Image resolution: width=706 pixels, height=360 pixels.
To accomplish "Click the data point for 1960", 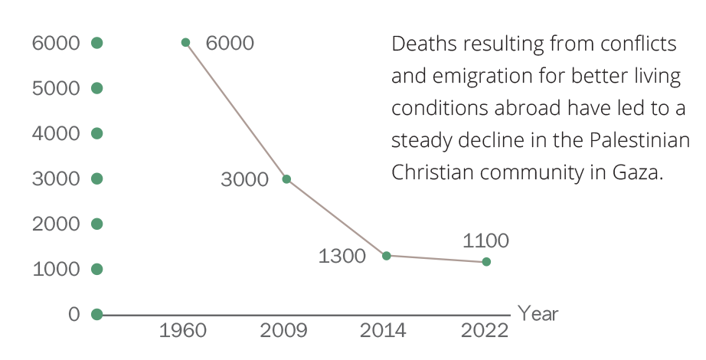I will (x=185, y=42).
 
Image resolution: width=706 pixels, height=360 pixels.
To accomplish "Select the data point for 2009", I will (x=286, y=179).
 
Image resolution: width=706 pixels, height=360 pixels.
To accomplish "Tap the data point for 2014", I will (x=387, y=255).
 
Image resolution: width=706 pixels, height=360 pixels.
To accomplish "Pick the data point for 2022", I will (x=486, y=262).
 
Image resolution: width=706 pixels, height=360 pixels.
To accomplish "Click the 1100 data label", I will (x=486, y=241).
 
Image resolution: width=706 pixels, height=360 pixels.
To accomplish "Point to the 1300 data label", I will (x=342, y=256).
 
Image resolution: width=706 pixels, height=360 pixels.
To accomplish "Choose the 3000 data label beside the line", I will (x=244, y=180).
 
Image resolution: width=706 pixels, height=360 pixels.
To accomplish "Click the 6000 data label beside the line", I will (x=230, y=43).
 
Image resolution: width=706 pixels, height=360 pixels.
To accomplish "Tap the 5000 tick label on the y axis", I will (x=56, y=88).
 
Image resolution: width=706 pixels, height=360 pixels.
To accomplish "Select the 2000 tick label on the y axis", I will (x=56, y=224).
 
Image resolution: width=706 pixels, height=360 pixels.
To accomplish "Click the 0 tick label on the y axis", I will (x=74, y=315).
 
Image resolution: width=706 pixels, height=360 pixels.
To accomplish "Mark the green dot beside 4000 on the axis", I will (x=96, y=133).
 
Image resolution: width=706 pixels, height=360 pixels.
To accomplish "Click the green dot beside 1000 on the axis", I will (x=96, y=270).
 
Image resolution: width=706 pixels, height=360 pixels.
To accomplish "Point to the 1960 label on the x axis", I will (x=183, y=331).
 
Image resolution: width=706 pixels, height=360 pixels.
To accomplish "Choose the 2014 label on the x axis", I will (x=384, y=331).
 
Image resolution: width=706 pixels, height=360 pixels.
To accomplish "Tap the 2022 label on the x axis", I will (x=485, y=331).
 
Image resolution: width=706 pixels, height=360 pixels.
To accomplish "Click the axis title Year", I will (x=538, y=314).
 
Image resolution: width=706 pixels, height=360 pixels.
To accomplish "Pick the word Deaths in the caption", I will (x=419, y=44).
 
